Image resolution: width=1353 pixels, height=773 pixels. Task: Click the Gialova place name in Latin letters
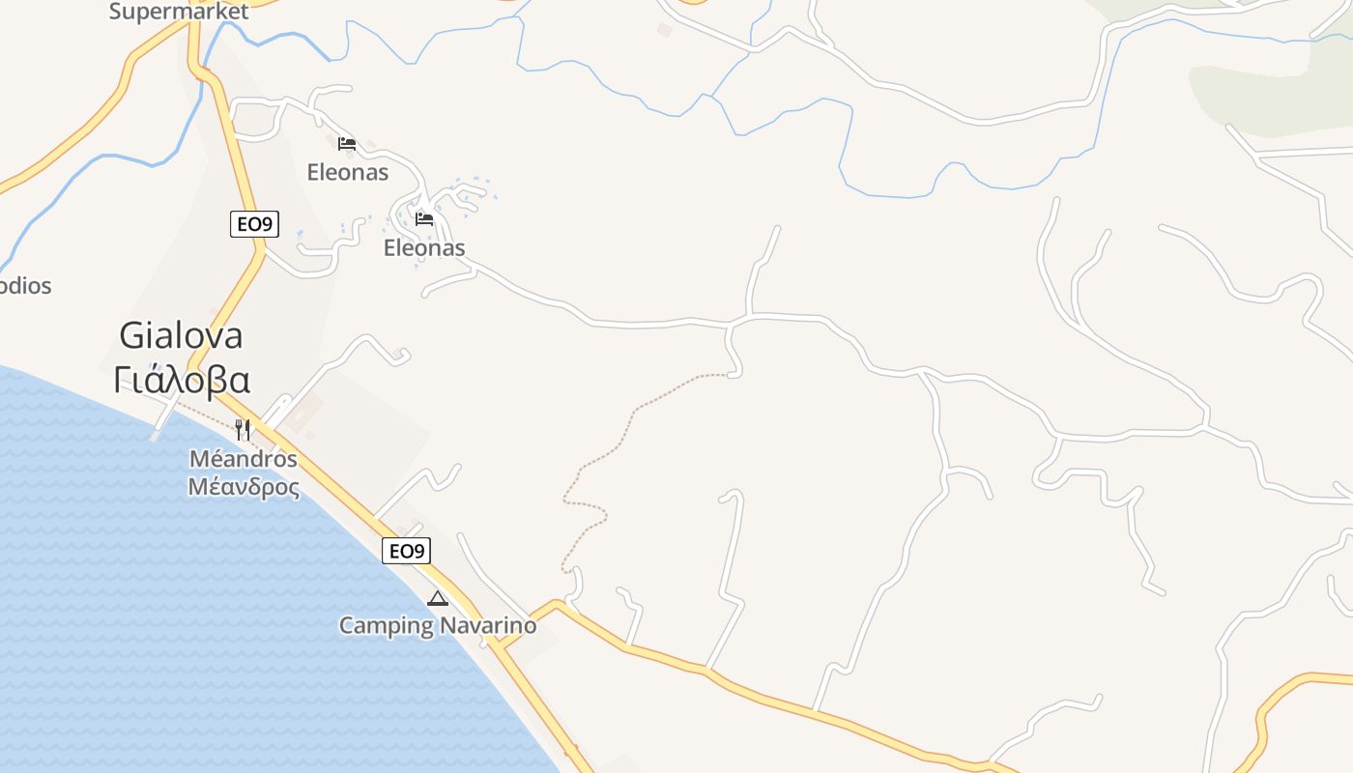tap(181, 335)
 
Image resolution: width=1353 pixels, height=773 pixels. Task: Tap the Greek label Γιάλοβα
tap(182, 380)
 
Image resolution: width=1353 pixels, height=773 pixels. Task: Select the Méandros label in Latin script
tap(243, 458)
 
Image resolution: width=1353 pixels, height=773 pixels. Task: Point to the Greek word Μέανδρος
tap(244, 486)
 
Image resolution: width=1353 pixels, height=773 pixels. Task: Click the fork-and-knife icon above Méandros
tap(243, 429)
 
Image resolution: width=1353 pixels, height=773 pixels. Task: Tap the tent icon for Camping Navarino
tap(438, 598)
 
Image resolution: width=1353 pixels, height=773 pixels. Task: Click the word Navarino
tap(488, 626)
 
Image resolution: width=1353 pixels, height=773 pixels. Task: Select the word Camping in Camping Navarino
tap(387, 626)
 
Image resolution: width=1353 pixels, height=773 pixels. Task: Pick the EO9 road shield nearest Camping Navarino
tap(406, 552)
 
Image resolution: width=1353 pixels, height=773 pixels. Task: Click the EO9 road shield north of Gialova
tap(255, 225)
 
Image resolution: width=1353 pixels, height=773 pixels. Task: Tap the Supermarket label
tap(179, 12)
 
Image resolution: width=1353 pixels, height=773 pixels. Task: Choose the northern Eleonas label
tap(348, 173)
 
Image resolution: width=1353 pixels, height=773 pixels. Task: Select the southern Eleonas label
tap(424, 248)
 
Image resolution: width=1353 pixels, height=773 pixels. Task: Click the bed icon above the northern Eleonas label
tap(347, 144)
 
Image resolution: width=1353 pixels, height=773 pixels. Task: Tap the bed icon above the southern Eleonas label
tap(424, 218)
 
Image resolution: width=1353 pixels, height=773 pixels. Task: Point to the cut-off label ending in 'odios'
tap(26, 286)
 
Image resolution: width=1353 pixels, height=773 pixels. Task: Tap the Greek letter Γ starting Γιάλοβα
tap(123, 380)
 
